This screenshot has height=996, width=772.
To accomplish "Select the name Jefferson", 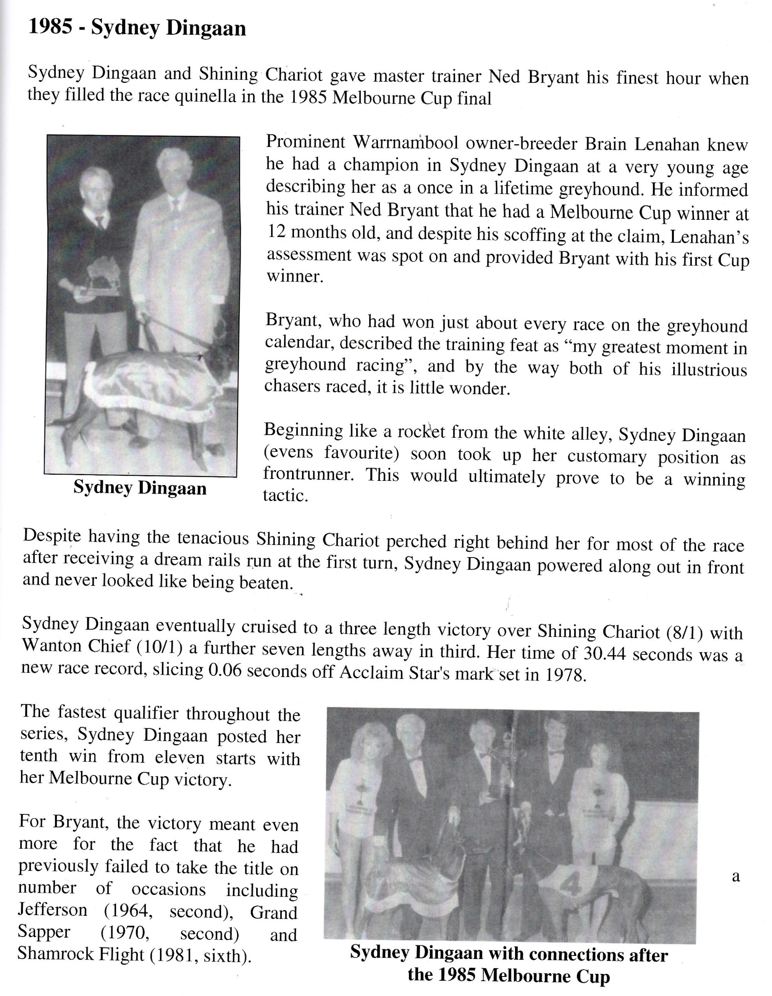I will [53, 909].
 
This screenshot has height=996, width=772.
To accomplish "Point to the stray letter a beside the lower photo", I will [735, 876].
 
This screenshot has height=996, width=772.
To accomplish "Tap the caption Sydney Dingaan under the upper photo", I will [140, 488].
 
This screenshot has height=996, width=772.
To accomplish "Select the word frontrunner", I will [308, 475].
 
